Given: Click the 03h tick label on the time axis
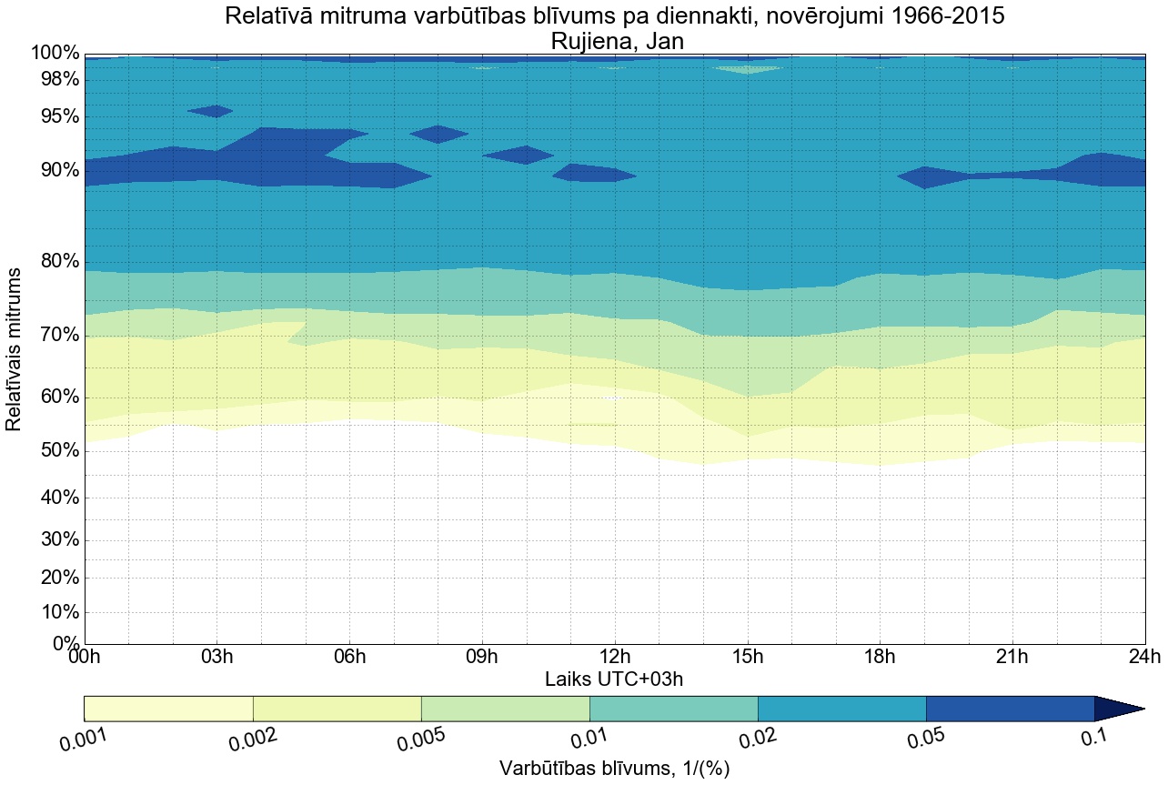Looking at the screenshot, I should click(x=216, y=658).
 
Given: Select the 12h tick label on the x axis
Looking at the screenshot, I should click(x=615, y=658).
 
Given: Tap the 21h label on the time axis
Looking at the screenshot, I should click(x=1012, y=658).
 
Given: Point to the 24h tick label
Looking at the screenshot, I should click(x=1144, y=658).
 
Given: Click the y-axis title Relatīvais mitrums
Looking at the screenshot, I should click(x=15, y=350).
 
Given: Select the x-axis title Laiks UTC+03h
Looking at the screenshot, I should click(x=615, y=679).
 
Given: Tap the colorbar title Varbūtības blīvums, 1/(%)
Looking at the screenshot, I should click(x=615, y=769).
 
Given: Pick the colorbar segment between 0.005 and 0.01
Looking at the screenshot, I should click(x=505, y=709).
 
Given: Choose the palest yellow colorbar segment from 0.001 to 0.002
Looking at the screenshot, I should click(x=168, y=709).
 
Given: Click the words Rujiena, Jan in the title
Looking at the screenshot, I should click(x=615, y=41).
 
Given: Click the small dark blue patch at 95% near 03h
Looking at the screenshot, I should click(x=210, y=111).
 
